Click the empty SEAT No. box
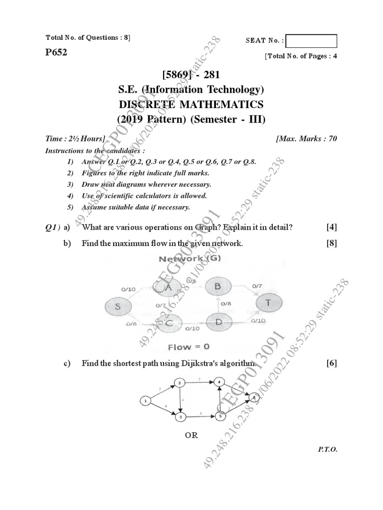[312, 41]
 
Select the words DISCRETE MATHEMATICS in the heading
[190, 105]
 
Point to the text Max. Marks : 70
[306, 138]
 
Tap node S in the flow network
[118, 307]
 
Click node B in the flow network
[217, 286]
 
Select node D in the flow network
[218, 322]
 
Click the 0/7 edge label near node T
[257, 286]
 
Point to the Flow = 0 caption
[189, 347]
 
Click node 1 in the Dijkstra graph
[145, 400]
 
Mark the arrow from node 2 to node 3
[180, 400]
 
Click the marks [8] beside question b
[332, 244]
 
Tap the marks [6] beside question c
[332, 363]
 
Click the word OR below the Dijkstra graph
[191, 435]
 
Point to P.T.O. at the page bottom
[328, 449]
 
